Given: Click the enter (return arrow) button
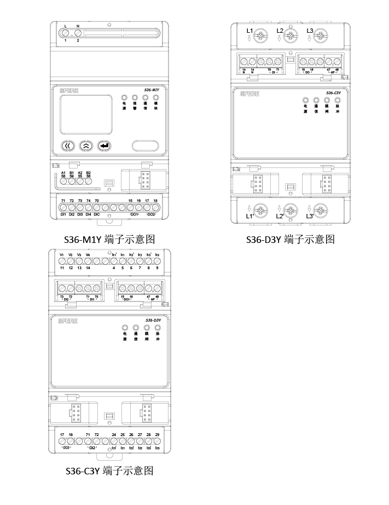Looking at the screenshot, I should click(x=103, y=146).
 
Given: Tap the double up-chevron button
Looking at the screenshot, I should click(x=85, y=146).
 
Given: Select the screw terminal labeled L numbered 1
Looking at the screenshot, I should click(x=65, y=33).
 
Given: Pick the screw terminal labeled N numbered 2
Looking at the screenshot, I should click(x=78, y=33).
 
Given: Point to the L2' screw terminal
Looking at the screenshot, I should click(x=291, y=210).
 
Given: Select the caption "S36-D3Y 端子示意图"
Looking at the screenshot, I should click(x=290, y=239).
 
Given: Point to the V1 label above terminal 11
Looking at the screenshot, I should click(x=62, y=255).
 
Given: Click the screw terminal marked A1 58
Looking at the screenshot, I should click(x=63, y=183).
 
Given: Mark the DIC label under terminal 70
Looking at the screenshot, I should click(x=97, y=214).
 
